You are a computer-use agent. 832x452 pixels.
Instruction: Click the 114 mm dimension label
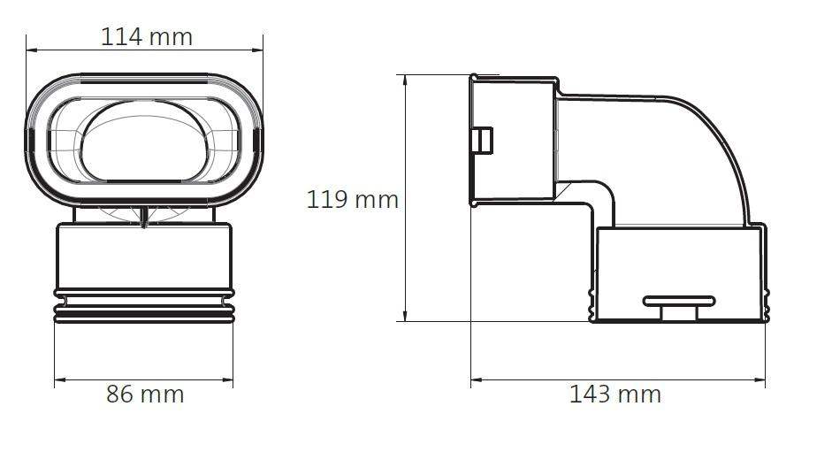[x=147, y=36]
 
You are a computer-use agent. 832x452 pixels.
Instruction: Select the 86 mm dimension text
[x=145, y=395]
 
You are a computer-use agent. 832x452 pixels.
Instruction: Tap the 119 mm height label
[x=352, y=199]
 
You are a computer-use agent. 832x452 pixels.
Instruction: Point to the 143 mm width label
[x=615, y=395]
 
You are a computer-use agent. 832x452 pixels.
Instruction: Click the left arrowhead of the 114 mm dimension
[x=31, y=50]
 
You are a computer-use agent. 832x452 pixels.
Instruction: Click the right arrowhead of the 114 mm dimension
[x=258, y=50]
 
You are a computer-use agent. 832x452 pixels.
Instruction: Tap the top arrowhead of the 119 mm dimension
[x=405, y=80]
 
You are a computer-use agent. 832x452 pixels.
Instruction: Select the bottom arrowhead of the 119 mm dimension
[x=405, y=316]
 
